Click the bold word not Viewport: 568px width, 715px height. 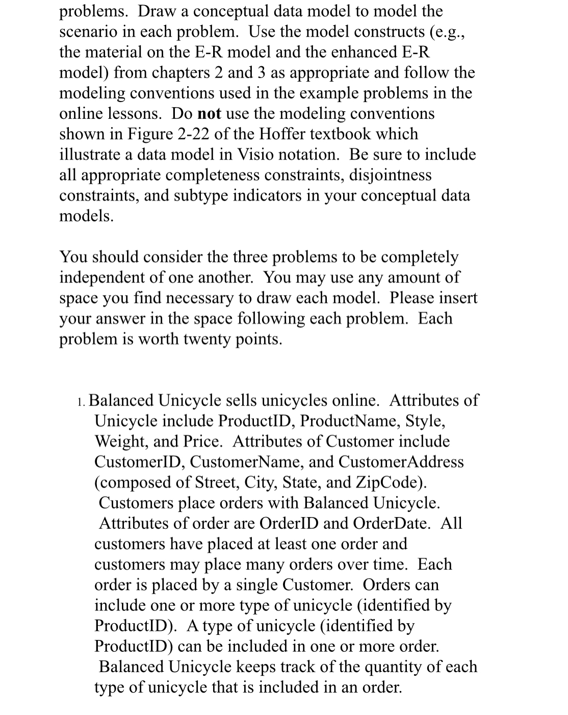tap(209, 113)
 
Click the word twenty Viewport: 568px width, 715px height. tap(206, 339)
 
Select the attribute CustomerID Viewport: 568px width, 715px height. tap(142, 462)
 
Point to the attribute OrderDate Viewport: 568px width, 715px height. tap(392, 523)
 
